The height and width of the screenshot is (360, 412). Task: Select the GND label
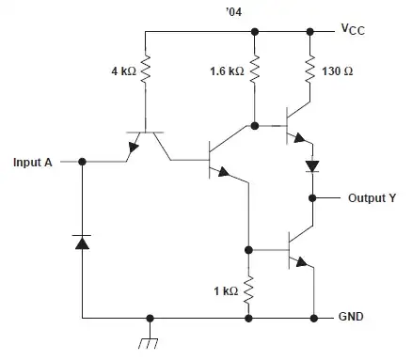coord(351,318)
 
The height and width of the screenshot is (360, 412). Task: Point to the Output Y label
coord(373,198)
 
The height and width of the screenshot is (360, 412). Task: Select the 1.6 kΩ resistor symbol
coord(253,70)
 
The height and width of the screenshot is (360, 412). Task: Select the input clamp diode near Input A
coord(82,243)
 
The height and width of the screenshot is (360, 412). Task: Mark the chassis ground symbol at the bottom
coord(148,336)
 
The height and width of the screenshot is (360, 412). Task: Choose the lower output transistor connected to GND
coord(299,252)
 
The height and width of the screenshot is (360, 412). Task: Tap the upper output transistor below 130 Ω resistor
coord(299,126)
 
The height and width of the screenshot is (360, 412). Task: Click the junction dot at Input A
coord(82,162)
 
